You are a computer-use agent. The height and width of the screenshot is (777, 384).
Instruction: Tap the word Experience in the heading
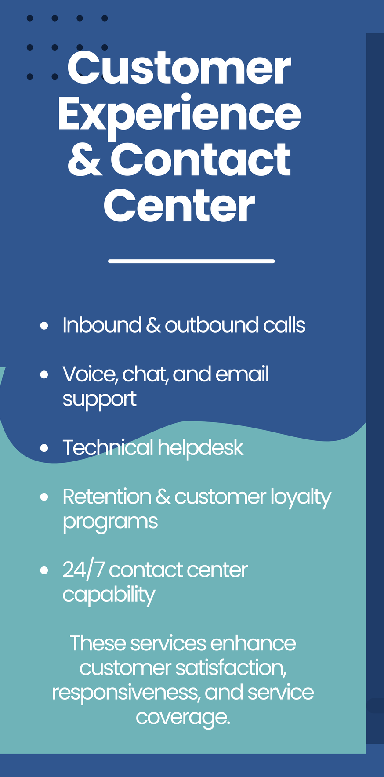[x=179, y=114]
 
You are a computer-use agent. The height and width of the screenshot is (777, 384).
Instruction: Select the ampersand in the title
[x=85, y=160]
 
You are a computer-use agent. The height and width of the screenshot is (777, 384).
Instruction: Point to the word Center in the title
[x=179, y=206]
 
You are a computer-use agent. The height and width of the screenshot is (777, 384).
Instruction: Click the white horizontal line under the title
[x=191, y=261]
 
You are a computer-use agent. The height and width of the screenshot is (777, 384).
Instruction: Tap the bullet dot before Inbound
[x=44, y=326]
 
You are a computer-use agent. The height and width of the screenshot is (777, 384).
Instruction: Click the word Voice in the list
[x=90, y=374]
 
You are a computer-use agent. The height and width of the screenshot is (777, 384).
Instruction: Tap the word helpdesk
[x=200, y=448]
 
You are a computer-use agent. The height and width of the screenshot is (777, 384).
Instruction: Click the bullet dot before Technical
[x=44, y=448]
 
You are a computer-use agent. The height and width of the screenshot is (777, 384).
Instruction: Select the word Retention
[x=107, y=497]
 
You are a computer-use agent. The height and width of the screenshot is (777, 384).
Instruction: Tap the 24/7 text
[x=83, y=570]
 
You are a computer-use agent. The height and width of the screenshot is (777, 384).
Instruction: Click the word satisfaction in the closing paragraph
[x=231, y=668]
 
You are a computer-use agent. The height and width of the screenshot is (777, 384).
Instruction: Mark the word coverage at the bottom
[x=183, y=717]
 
